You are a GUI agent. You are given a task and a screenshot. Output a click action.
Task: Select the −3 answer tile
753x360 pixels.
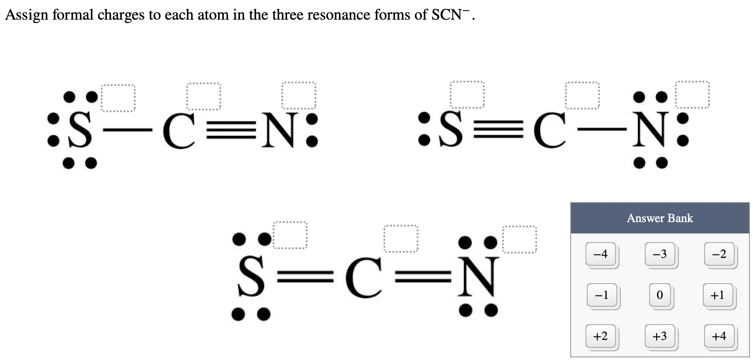(x=660, y=254)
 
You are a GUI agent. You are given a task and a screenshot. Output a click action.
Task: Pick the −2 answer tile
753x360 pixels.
(x=719, y=254)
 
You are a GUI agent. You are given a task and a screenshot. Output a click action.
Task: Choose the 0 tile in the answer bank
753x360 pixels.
(x=660, y=295)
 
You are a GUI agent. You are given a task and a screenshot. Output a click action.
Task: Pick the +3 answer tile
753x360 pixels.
(x=660, y=336)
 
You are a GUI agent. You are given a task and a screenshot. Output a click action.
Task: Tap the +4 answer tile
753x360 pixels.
(x=719, y=336)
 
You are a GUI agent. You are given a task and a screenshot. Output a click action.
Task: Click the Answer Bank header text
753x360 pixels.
(x=660, y=218)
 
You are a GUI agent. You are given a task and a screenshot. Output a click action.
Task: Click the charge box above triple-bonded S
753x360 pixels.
(x=467, y=94)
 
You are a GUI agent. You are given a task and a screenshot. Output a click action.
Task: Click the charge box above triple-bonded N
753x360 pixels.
(x=299, y=95)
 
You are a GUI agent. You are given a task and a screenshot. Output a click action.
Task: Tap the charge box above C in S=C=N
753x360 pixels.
(x=401, y=239)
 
